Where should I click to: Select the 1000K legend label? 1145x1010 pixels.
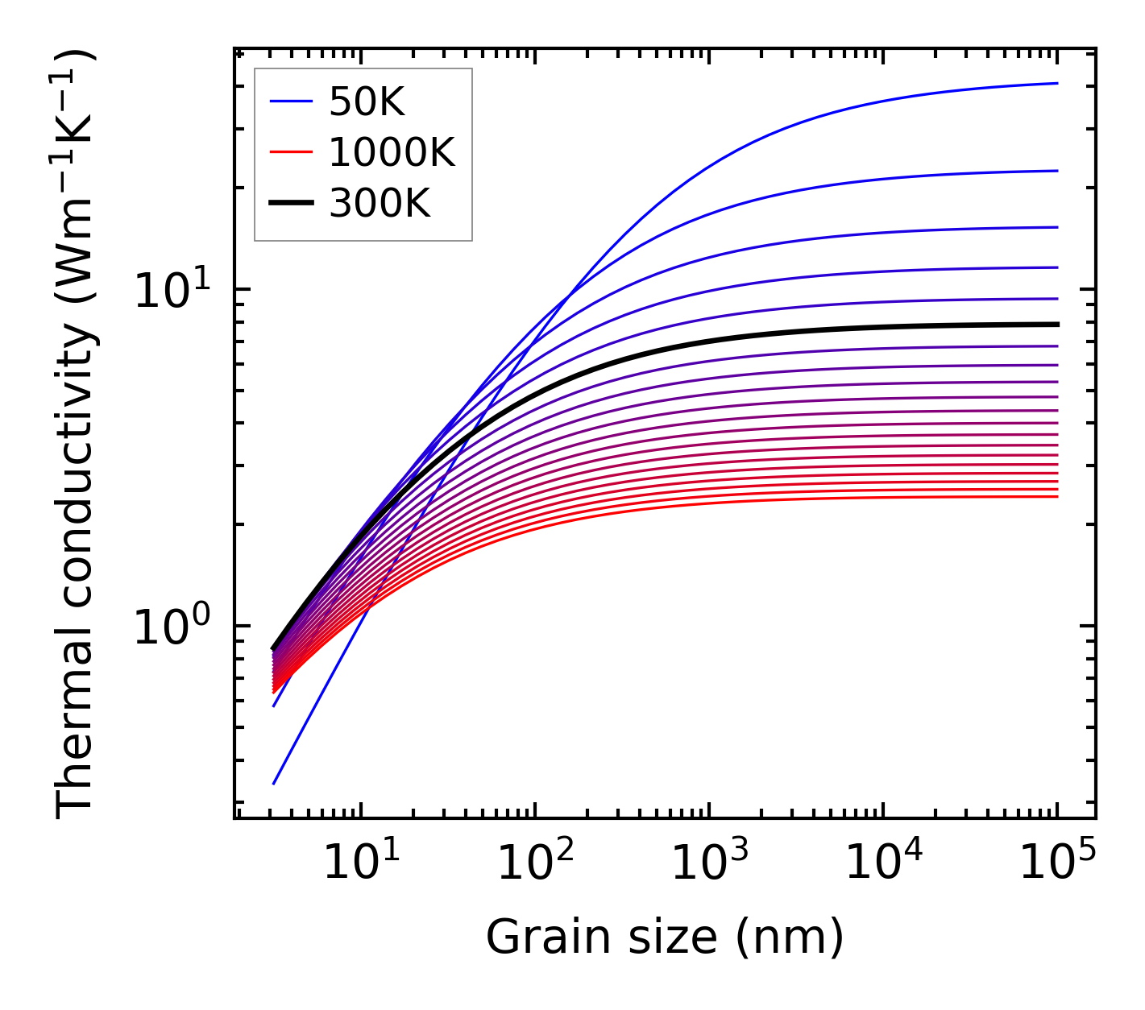point(392,152)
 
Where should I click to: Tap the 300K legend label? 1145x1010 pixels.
point(380,204)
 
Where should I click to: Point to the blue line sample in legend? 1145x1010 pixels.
point(290,101)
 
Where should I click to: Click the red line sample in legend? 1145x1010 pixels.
point(290,152)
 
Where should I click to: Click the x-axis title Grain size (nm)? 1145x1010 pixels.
point(665,937)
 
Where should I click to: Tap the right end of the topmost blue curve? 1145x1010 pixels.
point(1056,83)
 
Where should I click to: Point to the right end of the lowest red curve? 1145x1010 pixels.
point(1056,496)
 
